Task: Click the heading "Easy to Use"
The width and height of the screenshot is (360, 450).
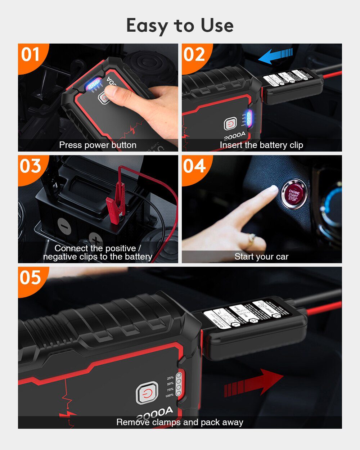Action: click(180, 26)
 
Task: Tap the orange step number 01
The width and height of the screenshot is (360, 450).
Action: click(30, 55)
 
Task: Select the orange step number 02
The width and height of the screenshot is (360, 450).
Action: click(194, 55)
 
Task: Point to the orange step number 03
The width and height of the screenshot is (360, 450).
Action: click(30, 166)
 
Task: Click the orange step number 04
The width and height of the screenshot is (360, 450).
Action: click(194, 166)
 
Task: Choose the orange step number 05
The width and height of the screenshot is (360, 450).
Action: click(30, 278)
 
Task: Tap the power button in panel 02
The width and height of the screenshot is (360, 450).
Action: click(230, 125)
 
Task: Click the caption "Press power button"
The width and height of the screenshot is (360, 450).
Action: click(98, 145)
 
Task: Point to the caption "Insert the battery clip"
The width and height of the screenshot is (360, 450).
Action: click(261, 145)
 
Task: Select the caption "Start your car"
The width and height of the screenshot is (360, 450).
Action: click(261, 257)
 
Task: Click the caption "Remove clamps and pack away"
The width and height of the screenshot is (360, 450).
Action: click(180, 422)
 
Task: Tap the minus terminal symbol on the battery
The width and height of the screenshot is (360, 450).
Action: click(64, 226)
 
